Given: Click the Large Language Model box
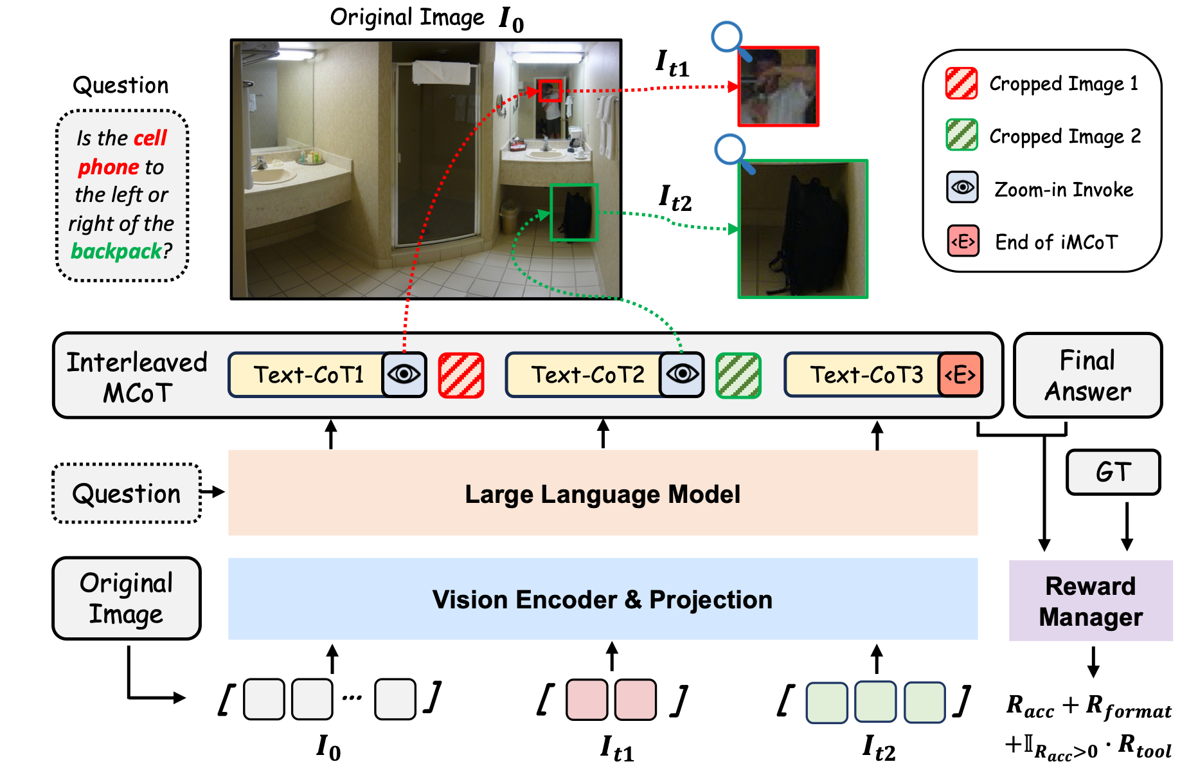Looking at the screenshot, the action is [x=603, y=493].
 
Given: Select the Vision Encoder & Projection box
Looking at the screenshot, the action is [x=603, y=599].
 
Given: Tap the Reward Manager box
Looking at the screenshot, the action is [x=1091, y=601].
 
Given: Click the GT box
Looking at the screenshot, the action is [x=1113, y=472].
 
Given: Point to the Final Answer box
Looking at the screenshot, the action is [x=1087, y=376].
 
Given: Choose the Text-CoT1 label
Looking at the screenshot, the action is [x=308, y=375].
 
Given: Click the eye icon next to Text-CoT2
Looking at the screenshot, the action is [x=682, y=374].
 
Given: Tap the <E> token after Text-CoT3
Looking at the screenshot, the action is [x=960, y=374].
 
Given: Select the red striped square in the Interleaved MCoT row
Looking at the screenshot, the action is [x=461, y=375].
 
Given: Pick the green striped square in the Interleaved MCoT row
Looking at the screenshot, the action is [x=738, y=375].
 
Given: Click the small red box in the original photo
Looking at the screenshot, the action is [x=550, y=91].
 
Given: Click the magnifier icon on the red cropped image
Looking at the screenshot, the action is [x=730, y=41].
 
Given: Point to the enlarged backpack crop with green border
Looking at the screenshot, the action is [x=803, y=229].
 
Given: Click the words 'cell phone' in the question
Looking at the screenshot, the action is [x=122, y=152].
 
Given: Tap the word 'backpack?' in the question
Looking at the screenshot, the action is [x=121, y=251].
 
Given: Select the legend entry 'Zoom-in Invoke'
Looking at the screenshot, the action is [x=1064, y=190].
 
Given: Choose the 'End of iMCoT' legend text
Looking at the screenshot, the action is [x=1057, y=242].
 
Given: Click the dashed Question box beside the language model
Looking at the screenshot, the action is [x=127, y=493].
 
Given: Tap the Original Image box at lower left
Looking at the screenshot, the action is [x=127, y=598].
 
